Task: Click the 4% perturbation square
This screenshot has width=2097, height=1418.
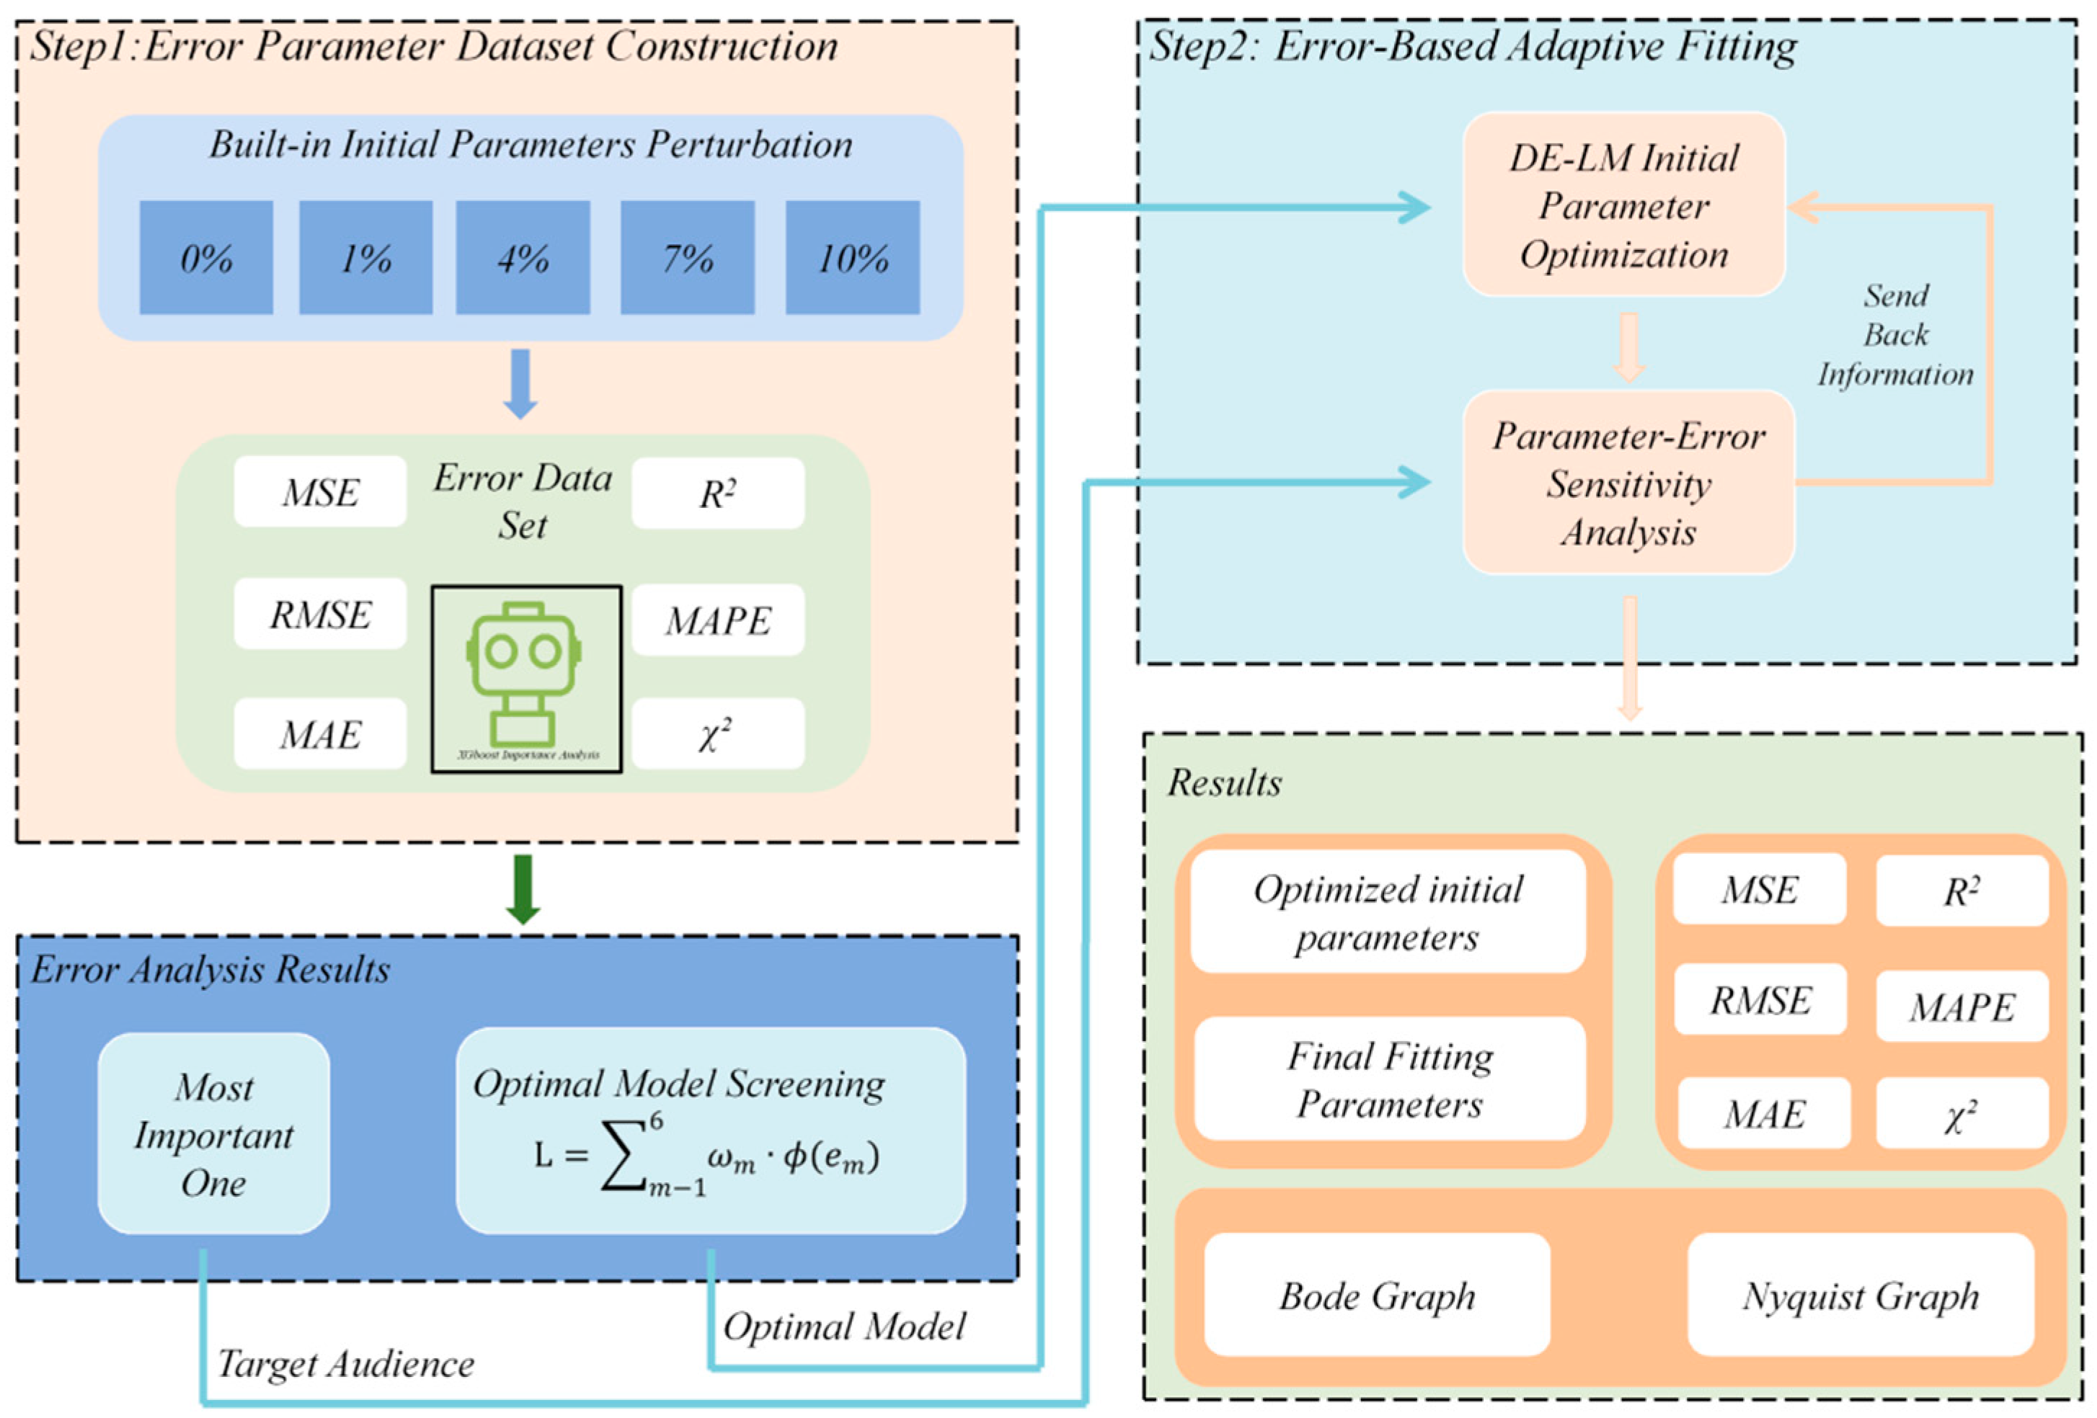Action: [523, 258]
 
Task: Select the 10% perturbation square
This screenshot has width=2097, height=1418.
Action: [853, 258]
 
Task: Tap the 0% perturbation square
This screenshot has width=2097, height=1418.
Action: [207, 258]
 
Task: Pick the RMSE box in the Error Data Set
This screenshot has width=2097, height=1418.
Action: [320, 615]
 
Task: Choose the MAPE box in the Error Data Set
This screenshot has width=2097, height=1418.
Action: [718, 620]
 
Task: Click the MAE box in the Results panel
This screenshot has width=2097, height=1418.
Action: [1764, 1113]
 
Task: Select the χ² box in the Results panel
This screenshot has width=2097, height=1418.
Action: [1961, 1113]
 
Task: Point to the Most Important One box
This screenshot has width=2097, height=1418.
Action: [214, 1134]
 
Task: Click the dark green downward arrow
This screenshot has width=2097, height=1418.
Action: [523, 888]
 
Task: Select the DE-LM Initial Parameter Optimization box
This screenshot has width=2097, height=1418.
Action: [1624, 205]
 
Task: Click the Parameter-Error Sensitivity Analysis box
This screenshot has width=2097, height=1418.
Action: [1628, 483]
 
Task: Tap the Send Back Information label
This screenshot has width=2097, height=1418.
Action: [1895, 334]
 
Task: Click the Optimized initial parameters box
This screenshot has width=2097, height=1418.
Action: [1388, 912]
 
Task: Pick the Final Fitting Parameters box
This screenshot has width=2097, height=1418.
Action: [1390, 1079]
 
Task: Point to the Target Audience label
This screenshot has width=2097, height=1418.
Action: [345, 1363]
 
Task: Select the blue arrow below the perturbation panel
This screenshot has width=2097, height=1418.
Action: [520, 383]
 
